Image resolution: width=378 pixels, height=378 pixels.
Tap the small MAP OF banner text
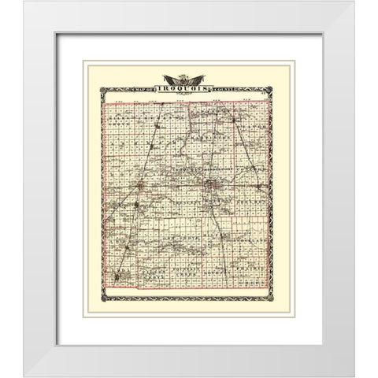(145, 88)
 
